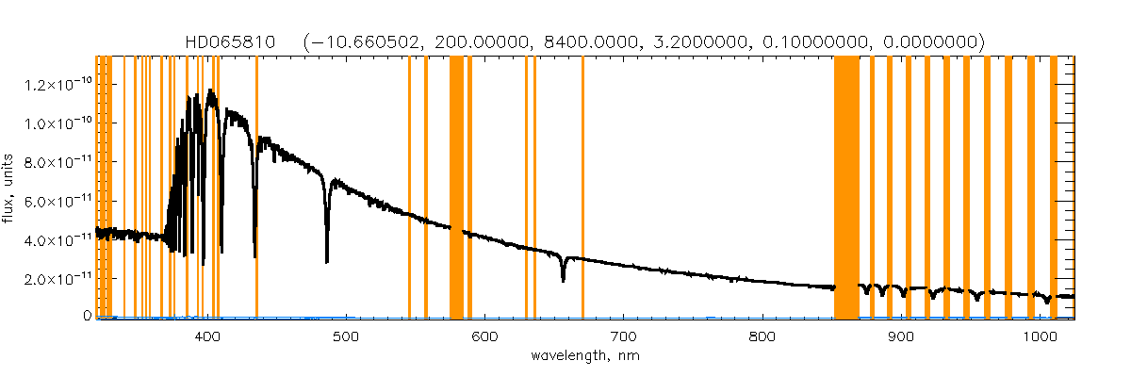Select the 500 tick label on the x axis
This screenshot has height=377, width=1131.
(346, 336)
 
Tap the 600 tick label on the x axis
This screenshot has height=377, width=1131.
(484, 336)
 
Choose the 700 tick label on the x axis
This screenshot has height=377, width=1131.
(623, 336)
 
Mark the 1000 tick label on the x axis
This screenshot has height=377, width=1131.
(1040, 336)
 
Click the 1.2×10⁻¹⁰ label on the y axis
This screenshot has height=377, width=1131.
(57, 85)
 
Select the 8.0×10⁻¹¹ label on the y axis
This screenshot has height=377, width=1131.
(57, 162)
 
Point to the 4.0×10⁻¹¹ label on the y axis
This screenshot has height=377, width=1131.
(57, 240)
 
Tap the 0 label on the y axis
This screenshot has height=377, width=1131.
(86, 317)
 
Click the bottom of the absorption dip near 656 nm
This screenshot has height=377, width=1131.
(563, 280)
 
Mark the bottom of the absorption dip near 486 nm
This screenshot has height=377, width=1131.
(327, 260)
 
